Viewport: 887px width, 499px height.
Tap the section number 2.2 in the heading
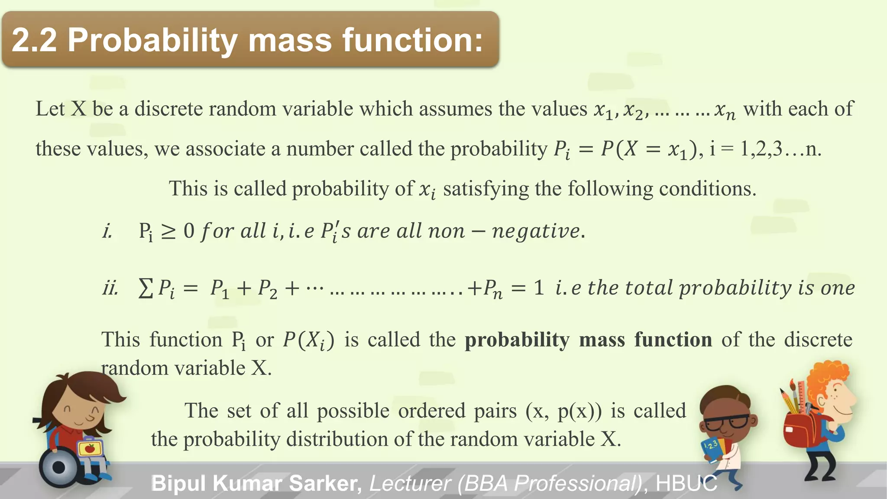[x=34, y=40]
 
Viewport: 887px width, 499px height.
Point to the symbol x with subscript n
[x=725, y=110]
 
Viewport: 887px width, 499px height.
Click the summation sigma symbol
[x=145, y=288]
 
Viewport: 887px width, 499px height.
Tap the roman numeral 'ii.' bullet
[x=110, y=288]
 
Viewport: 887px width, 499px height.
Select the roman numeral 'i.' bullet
[x=107, y=231]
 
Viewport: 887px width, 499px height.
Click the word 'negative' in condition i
[x=536, y=231]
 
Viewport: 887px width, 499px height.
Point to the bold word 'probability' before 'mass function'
[x=517, y=340]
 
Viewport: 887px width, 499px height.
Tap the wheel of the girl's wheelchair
[x=58, y=467]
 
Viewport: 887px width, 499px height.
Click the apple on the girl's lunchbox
[x=90, y=448]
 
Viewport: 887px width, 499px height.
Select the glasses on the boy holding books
[x=728, y=421]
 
